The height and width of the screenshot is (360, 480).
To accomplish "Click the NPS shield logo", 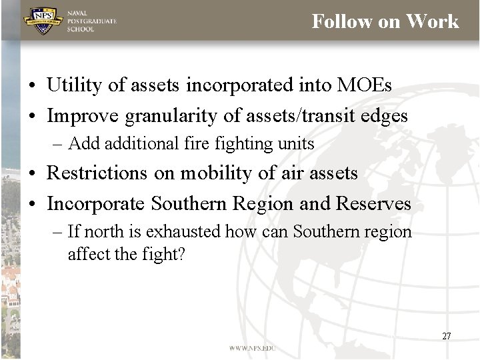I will pyautogui.click(x=43, y=21).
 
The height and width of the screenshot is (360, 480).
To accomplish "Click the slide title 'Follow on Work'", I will pyautogui.click(x=385, y=21).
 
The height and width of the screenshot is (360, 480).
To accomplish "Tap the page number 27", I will pyautogui.click(x=446, y=336).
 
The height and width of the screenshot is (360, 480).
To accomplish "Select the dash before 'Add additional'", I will pyautogui.click(x=59, y=143).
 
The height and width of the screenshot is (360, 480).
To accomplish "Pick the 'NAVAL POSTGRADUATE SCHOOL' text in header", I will pyautogui.click(x=91, y=21).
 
